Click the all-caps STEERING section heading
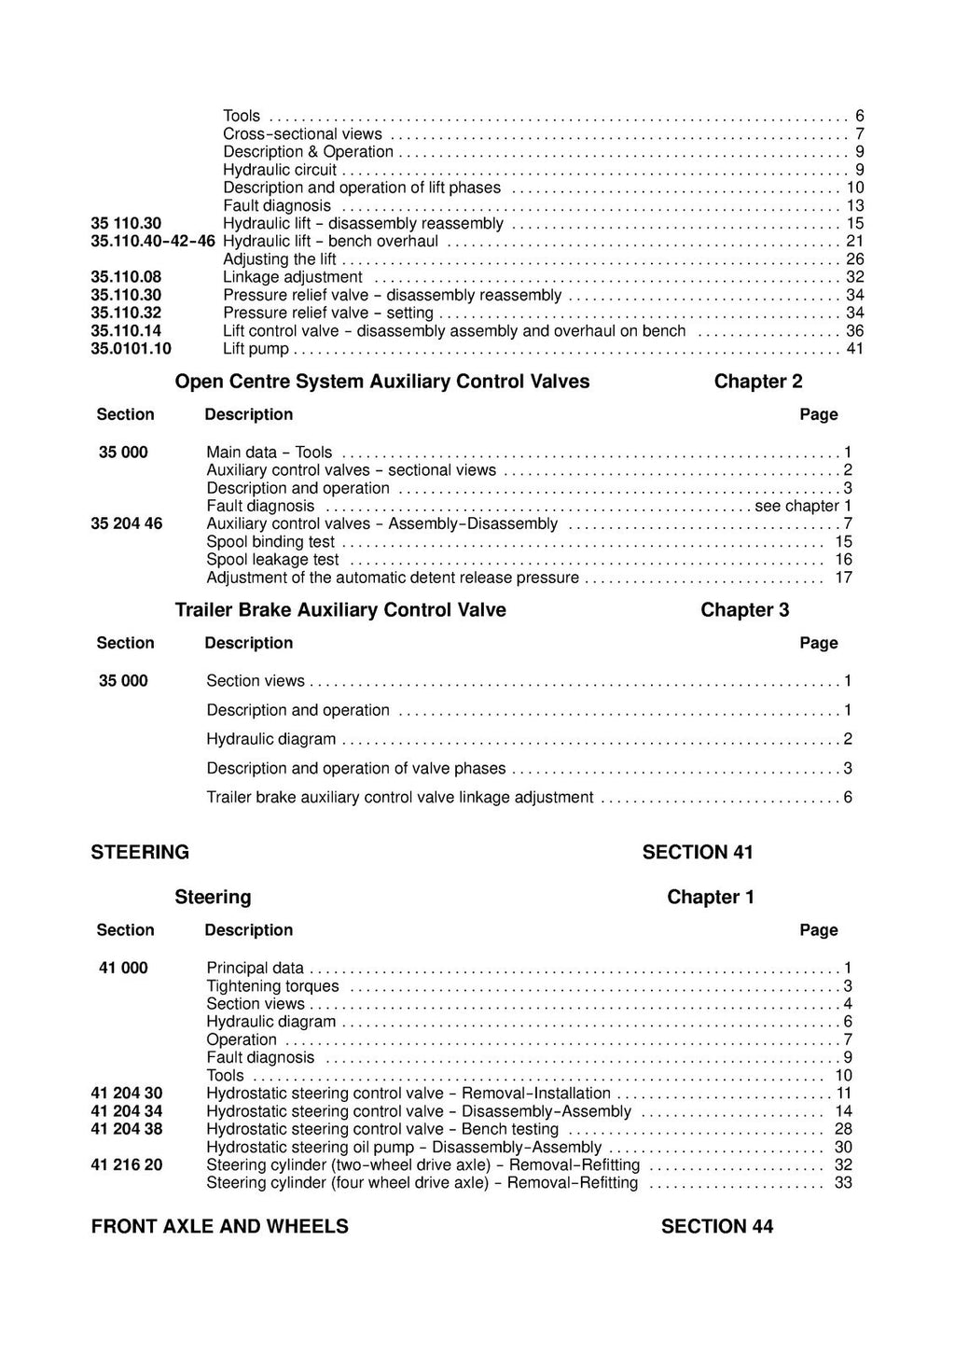(x=140, y=852)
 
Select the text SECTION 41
(x=698, y=852)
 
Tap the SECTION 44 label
(x=716, y=1226)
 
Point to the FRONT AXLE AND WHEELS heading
(x=219, y=1226)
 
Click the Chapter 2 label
(x=757, y=382)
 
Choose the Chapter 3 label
(x=744, y=610)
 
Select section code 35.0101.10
(x=131, y=349)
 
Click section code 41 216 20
(x=127, y=1164)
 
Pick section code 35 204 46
(x=127, y=523)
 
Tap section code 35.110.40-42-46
(x=153, y=241)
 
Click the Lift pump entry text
(x=256, y=349)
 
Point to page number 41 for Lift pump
(x=854, y=349)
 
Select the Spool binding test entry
(x=270, y=541)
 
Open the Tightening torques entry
(x=272, y=986)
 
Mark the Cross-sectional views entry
(x=302, y=133)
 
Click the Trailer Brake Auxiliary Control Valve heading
(x=340, y=610)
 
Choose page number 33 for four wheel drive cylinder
(x=843, y=1183)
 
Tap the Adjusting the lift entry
(x=280, y=258)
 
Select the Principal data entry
(x=255, y=968)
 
